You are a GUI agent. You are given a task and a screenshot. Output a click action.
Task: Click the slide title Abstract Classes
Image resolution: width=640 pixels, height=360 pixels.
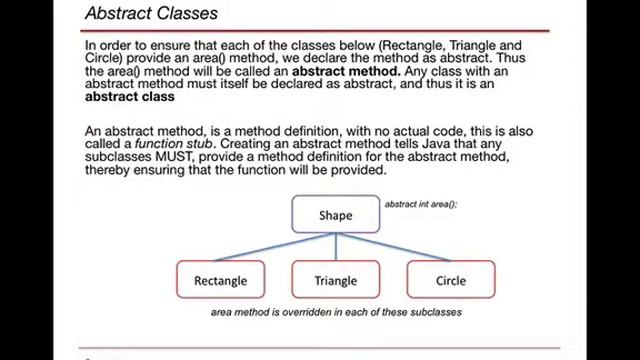click(151, 15)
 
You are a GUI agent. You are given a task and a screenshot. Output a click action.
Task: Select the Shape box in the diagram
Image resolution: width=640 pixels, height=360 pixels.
click(336, 215)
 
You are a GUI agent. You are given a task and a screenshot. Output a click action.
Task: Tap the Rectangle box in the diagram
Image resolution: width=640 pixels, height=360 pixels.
click(220, 280)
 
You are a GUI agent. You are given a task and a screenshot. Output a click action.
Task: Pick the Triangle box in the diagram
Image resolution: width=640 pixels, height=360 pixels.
click(335, 280)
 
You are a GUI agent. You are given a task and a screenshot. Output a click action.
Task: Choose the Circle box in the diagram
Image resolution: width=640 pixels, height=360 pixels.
click(451, 280)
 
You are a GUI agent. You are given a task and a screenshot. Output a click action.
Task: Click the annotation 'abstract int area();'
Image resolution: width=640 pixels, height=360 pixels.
click(421, 204)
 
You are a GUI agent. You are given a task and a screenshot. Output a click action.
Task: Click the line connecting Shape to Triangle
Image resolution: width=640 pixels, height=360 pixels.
click(336, 248)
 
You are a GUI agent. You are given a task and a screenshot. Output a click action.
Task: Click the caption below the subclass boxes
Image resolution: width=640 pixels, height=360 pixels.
click(336, 312)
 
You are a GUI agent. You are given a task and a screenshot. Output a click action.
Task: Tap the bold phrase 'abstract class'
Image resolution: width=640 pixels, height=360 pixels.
click(129, 97)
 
